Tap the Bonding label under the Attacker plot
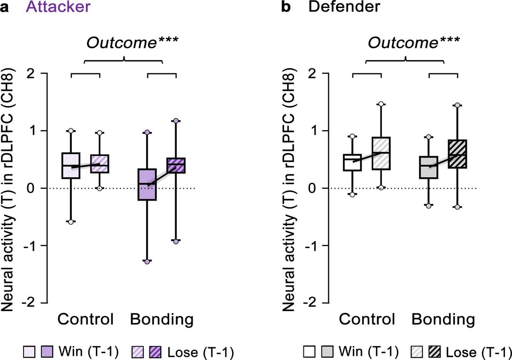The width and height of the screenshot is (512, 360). [162, 320]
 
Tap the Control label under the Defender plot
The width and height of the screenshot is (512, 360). [367, 320]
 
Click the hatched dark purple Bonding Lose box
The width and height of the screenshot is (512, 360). [176, 165]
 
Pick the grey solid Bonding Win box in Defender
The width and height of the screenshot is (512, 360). [429, 167]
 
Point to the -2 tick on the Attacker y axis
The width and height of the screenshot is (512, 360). [35, 303]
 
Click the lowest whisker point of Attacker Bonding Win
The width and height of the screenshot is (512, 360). [147, 261]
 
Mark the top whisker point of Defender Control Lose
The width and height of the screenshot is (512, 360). [381, 104]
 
